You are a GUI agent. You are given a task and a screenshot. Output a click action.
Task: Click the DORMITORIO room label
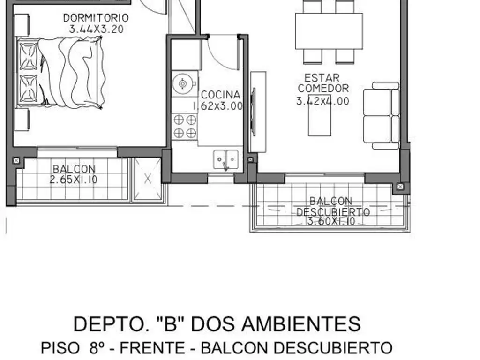pos(96,18)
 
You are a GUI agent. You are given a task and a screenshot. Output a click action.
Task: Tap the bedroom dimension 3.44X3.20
pos(97,29)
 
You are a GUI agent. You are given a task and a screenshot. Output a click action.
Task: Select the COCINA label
pos(220,95)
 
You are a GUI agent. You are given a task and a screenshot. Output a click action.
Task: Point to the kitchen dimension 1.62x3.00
pos(218,106)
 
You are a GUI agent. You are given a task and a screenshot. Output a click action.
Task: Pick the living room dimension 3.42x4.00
pos(322,101)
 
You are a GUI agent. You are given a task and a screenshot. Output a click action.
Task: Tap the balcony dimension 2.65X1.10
pos(74,180)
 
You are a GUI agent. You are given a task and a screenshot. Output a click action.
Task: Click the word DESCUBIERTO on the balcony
pos(333,212)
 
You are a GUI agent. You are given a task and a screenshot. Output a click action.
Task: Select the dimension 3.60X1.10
pos(331,221)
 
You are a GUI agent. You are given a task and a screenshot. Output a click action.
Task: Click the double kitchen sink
pos(226,159)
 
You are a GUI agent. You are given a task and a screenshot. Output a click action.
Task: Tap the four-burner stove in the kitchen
pos(185,126)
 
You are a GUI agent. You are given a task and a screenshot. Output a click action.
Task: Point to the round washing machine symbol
pos(183,83)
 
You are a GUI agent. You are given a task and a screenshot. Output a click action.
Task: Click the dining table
pos(329,31)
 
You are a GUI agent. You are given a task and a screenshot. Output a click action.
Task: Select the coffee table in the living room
pos(320,115)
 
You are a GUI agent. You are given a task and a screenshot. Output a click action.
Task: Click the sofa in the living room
pos(382,116)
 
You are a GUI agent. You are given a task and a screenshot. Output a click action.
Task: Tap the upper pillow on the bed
pos(29,56)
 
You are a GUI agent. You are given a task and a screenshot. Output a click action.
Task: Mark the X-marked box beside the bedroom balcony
pos(148,179)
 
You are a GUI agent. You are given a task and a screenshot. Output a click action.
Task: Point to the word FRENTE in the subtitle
pos(152,348)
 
